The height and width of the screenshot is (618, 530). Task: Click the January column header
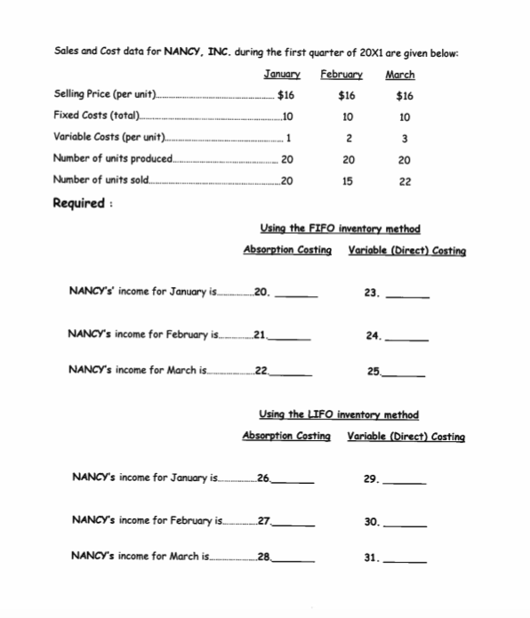[282, 74]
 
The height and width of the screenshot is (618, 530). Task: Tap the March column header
[400, 74]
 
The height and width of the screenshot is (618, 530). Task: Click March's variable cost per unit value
[405, 138]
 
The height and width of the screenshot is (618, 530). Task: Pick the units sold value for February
[349, 181]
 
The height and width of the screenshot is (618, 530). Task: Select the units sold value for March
[405, 181]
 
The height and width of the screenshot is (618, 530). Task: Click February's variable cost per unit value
[349, 138]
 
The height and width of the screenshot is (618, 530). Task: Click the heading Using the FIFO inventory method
[339, 229]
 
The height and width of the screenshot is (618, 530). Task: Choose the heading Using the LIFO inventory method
[338, 414]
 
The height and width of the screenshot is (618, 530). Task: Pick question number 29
[372, 479]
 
